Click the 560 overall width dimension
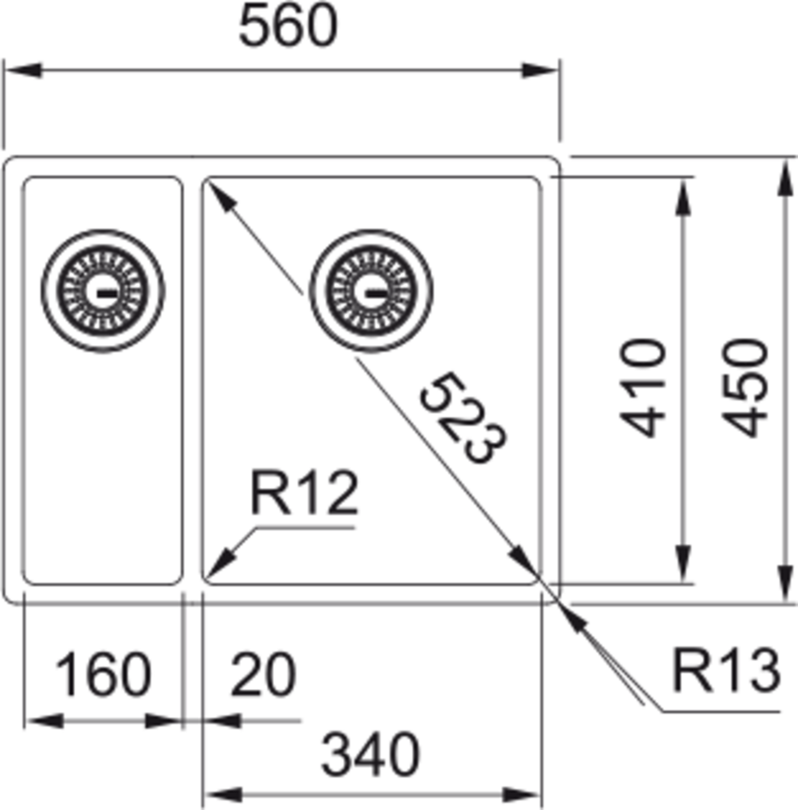pos(287,26)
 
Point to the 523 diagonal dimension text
pos(463,417)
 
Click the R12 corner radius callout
pos(304,492)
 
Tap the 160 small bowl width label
pos(103,674)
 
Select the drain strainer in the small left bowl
pos(103,291)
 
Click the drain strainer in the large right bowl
pos(371,291)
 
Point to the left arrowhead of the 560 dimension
pos(22,71)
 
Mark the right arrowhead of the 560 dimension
pos(541,71)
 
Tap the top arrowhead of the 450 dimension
pos(784,177)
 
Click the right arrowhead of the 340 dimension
pos(522,795)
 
